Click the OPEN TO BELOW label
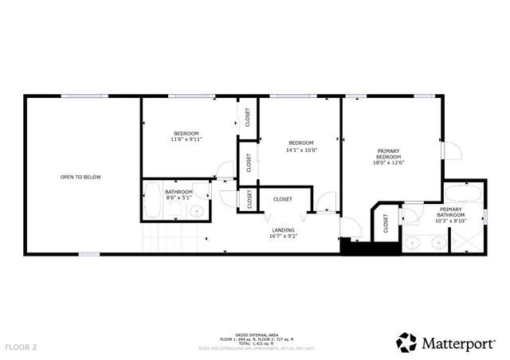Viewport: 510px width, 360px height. coord(81,177)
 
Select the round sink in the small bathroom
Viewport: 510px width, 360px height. coord(196,211)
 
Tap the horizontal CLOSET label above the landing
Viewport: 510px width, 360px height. coord(282,198)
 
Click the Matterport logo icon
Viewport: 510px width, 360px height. coord(406,342)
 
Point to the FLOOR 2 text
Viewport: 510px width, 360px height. coord(21,347)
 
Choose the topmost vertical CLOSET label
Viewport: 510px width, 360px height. coord(248,117)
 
